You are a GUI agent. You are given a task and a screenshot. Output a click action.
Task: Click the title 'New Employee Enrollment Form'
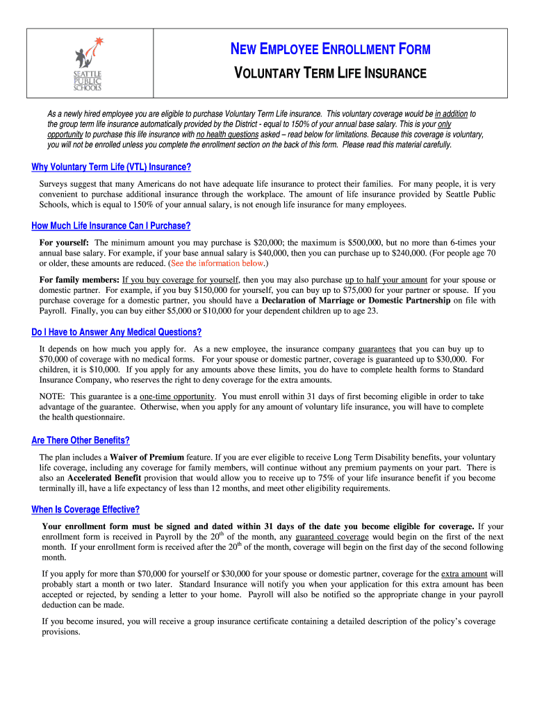330,49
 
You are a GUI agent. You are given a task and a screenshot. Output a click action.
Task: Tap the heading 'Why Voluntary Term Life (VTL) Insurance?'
111,167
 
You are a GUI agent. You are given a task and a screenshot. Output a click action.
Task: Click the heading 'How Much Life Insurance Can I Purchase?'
111,226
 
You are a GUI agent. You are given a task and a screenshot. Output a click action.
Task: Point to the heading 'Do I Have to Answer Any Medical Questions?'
117,332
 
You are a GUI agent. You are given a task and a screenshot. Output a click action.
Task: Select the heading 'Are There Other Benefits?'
81,441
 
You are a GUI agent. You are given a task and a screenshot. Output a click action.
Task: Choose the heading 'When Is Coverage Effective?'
85,510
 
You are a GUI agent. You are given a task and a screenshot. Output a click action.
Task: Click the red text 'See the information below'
217,264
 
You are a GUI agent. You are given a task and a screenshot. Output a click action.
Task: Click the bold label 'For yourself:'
64,243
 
